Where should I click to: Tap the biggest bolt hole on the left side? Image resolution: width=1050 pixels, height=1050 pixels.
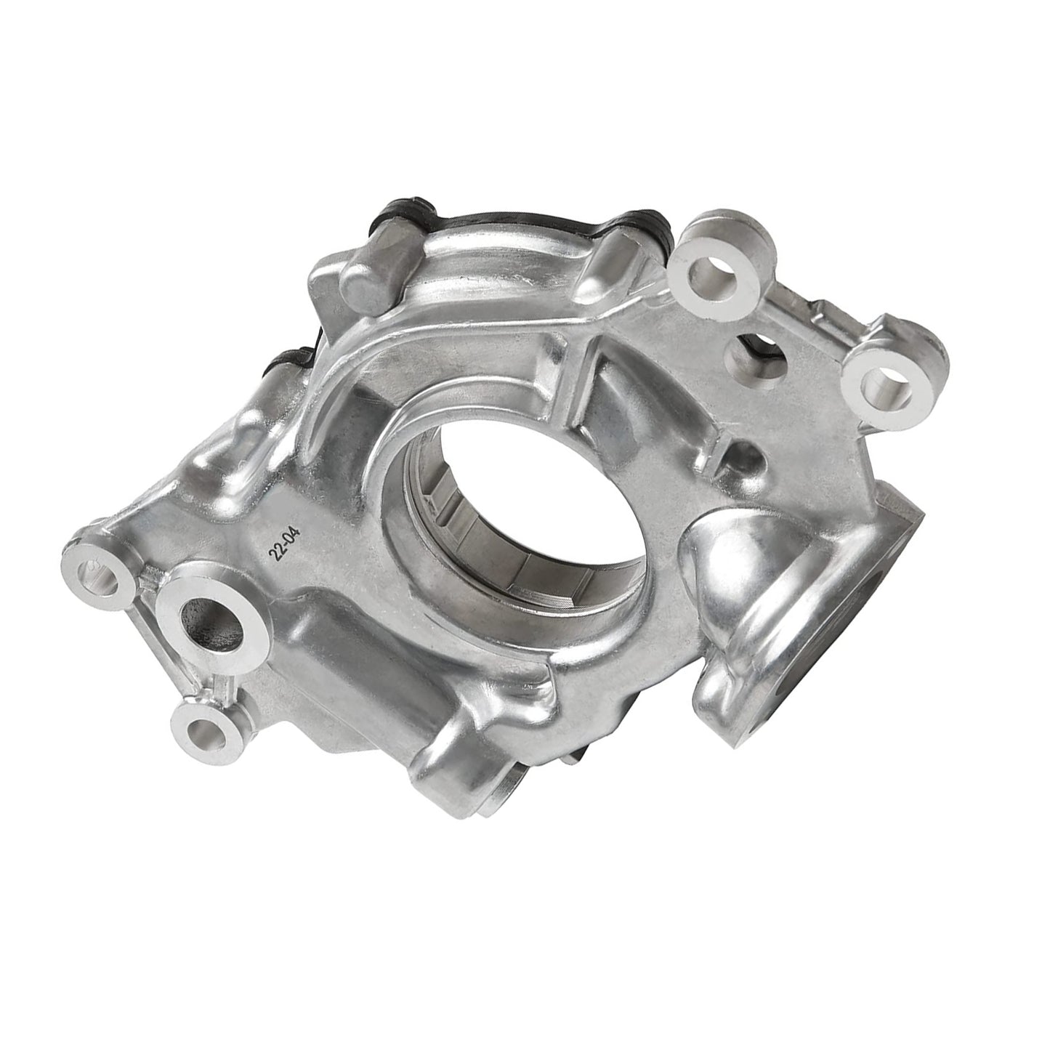[x=214, y=615]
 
